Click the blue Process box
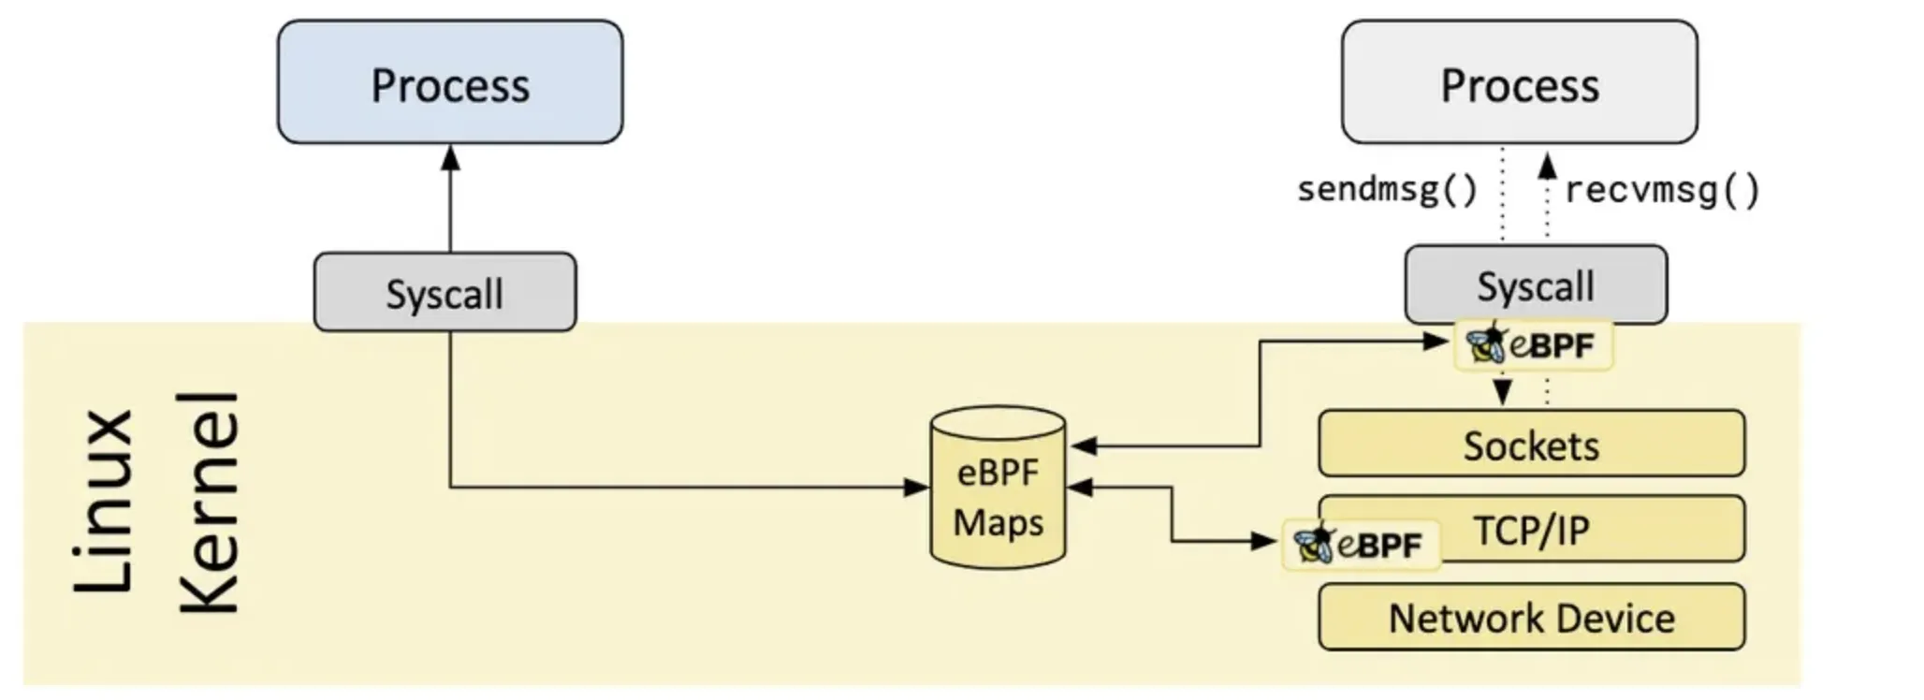tap(450, 82)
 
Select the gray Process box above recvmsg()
tap(1519, 82)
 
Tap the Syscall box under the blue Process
tap(445, 293)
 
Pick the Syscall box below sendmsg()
tap(1535, 285)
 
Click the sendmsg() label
tap(1386, 190)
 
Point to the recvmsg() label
tap(1662, 191)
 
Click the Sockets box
tap(1531, 445)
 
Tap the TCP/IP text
tap(1531, 531)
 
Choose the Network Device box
tap(1531, 618)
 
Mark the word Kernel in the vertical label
tap(210, 503)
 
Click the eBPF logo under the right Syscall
tap(1533, 345)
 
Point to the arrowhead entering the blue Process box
tap(450, 158)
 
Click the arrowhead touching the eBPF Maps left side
tap(916, 488)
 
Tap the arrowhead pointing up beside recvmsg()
tap(1548, 167)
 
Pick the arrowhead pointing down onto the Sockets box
tap(1503, 392)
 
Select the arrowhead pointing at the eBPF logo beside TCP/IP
tap(1264, 540)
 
